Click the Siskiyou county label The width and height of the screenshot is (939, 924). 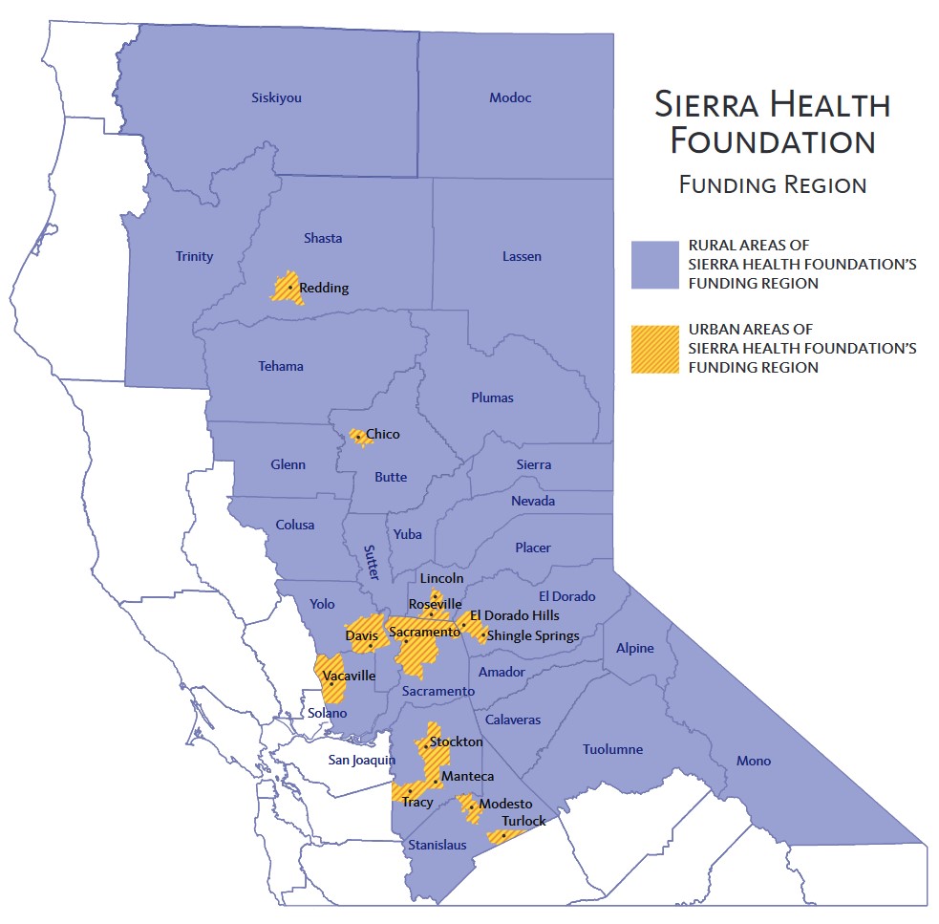(x=276, y=97)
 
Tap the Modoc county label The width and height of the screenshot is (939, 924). (x=510, y=97)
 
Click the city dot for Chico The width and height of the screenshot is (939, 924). (x=358, y=437)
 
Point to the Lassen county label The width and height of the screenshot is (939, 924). (x=521, y=256)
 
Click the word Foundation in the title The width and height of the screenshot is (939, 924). (x=773, y=141)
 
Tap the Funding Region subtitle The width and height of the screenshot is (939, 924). (x=773, y=184)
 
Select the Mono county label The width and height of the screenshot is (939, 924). (x=753, y=761)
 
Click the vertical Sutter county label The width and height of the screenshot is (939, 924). (x=371, y=563)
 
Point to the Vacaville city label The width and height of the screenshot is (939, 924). (x=349, y=676)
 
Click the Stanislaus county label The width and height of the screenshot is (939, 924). (x=437, y=845)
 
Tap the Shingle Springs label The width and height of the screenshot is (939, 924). (x=533, y=635)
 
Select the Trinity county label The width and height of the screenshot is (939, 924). (x=194, y=256)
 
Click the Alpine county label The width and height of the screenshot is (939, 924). (x=634, y=648)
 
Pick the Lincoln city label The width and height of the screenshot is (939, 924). (x=441, y=578)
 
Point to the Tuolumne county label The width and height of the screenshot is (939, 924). (x=612, y=749)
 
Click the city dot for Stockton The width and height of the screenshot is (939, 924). (x=426, y=746)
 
